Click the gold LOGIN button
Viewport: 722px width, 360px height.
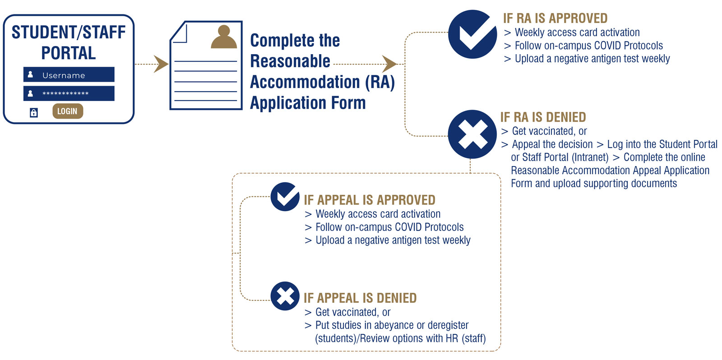[x=68, y=111]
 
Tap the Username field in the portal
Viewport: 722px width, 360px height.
[x=69, y=74]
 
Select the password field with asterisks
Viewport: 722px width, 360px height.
[x=69, y=93]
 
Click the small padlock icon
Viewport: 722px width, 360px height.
[x=33, y=112]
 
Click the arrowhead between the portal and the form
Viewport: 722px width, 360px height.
[x=161, y=64]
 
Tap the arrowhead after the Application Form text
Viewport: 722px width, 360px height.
[x=389, y=64]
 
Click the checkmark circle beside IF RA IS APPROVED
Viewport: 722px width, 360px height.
[x=472, y=34]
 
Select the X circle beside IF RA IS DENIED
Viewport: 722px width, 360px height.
[x=472, y=134]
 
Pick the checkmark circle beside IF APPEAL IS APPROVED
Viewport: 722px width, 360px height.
[x=285, y=197]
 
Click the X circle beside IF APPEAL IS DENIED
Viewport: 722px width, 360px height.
[x=285, y=296]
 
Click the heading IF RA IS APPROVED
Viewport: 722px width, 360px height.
[x=555, y=18]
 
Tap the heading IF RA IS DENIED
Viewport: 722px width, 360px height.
[x=543, y=117]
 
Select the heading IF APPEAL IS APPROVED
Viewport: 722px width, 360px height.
[x=370, y=200]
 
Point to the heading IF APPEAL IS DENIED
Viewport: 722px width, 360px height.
[x=360, y=298]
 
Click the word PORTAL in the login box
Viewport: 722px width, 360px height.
[x=69, y=53]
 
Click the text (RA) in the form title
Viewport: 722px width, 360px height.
[x=380, y=82]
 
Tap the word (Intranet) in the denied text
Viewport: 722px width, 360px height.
[x=590, y=157]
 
